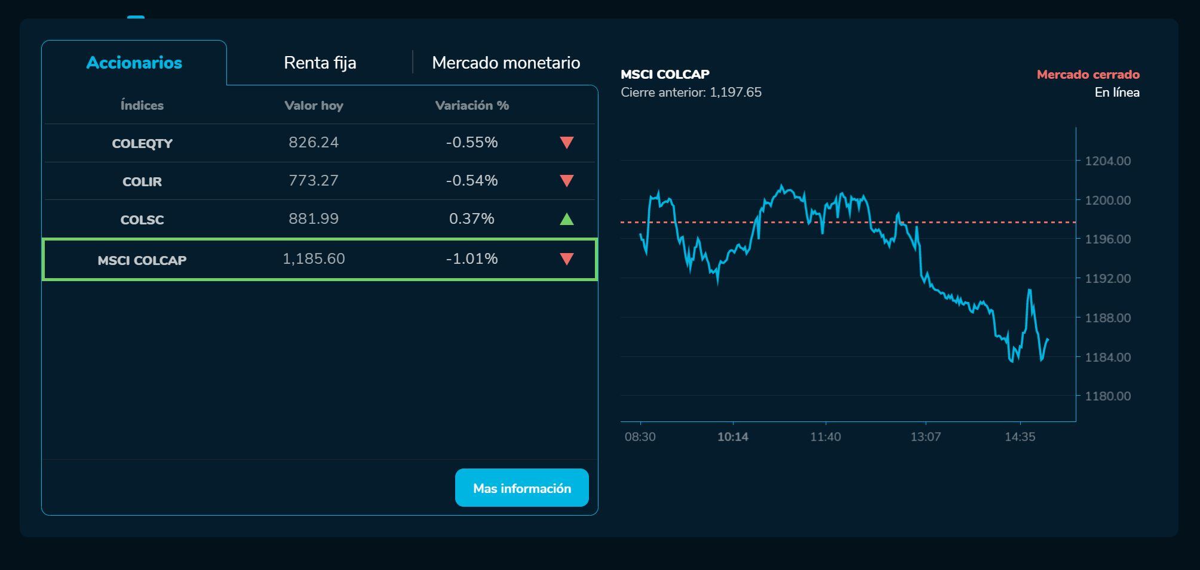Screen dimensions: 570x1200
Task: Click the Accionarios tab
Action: coord(134,63)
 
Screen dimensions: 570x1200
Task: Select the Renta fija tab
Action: coord(320,63)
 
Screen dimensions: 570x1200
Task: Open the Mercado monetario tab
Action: coord(506,63)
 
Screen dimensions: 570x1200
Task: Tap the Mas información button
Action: coord(521,488)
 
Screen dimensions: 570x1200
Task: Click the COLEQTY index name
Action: coord(142,143)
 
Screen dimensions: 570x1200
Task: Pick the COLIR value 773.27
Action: coord(313,180)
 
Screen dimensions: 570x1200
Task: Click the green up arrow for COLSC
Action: coord(566,219)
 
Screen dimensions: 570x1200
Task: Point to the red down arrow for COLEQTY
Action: coord(566,143)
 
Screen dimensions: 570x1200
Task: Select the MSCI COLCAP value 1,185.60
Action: coord(313,258)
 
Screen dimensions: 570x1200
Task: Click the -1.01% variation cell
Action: coord(471,258)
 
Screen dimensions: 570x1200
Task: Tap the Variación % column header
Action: coord(472,106)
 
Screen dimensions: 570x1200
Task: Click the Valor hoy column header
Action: coord(314,106)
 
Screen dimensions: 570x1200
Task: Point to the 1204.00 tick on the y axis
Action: coord(1107,161)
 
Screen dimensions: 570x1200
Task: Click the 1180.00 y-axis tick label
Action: coord(1107,396)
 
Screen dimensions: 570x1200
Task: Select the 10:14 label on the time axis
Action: coord(732,437)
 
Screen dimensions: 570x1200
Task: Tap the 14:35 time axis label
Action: coord(1020,437)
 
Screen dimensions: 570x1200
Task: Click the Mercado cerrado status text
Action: coord(1088,75)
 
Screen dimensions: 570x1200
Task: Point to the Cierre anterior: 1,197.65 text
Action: coord(690,93)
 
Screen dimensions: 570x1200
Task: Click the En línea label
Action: coord(1116,93)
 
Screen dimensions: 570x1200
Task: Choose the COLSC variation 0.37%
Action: coord(471,218)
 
